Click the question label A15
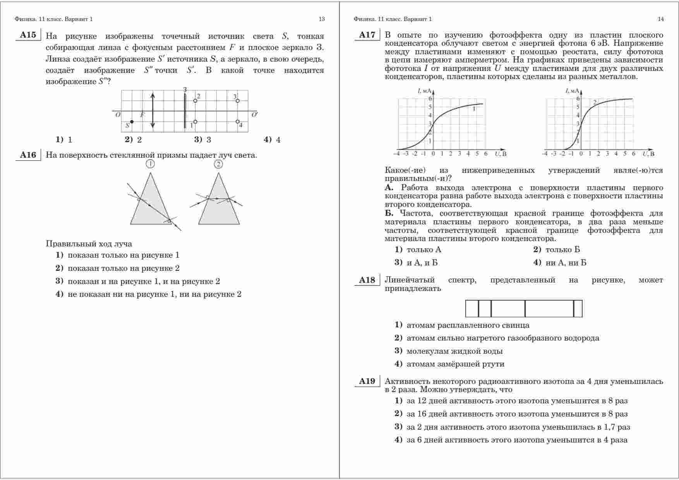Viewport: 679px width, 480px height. click(28, 35)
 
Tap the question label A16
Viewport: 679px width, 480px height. click(28, 155)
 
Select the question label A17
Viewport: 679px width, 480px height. click(367, 35)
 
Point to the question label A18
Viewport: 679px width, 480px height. click(367, 280)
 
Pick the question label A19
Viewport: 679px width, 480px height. click(367, 381)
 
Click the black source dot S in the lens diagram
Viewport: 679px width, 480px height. click(132, 122)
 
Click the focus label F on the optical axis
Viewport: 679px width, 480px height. click(142, 115)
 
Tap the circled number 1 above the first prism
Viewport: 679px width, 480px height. click(150, 164)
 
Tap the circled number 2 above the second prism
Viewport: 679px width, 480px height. click(218, 164)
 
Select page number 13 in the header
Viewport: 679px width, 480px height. click(322, 19)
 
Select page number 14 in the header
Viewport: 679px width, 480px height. click(661, 19)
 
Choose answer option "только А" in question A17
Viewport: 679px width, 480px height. click(424, 250)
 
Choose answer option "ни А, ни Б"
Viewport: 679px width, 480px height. click(566, 263)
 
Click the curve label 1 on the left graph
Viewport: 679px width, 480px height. click(474, 109)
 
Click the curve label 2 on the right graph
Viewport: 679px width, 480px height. click(595, 102)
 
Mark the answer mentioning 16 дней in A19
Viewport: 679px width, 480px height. click(517, 414)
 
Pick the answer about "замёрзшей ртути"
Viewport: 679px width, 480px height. click(455, 364)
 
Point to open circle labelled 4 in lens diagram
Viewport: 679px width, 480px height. click(238, 122)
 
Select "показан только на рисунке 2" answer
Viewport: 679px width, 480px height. click(123, 268)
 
